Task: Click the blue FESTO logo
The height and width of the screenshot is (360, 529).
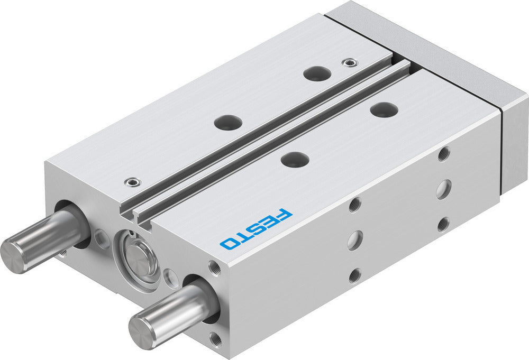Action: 256,229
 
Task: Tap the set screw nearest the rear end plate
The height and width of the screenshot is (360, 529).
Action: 347,63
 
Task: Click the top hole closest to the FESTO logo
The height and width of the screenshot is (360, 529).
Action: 295,159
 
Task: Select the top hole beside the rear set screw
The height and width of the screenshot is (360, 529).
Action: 318,73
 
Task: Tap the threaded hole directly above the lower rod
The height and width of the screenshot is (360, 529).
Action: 214,267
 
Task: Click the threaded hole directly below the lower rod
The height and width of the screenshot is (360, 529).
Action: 215,336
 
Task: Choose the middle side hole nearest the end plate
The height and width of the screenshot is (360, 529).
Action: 443,189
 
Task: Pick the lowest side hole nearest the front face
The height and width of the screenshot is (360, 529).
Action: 355,275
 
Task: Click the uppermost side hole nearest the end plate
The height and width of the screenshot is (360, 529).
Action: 444,154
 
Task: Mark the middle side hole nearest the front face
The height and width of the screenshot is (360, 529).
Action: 354,239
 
